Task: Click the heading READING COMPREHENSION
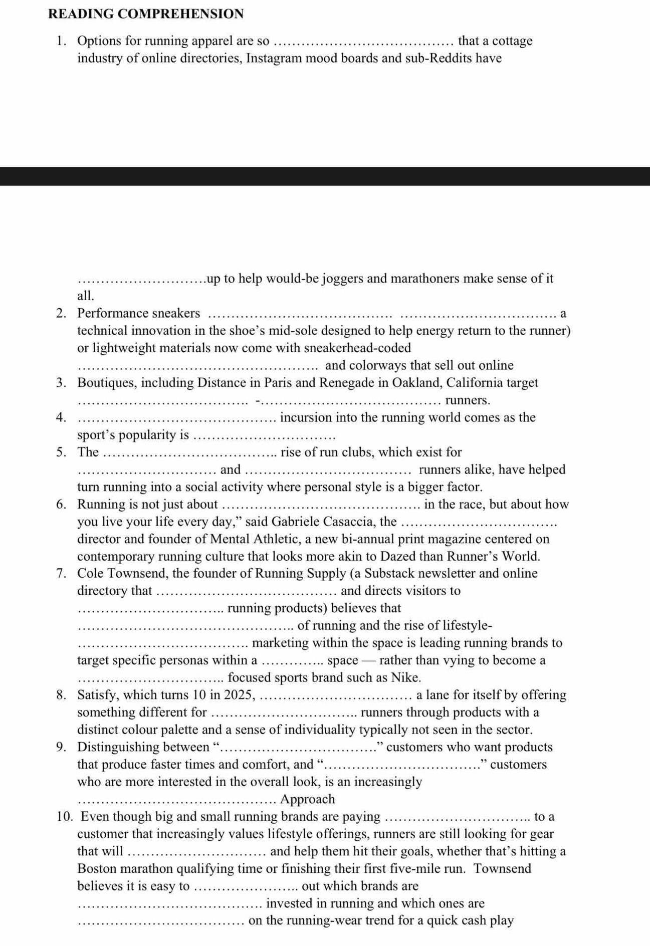click(x=146, y=14)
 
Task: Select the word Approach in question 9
click(x=307, y=799)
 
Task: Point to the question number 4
click(x=61, y=417)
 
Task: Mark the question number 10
click(x=65, y=817)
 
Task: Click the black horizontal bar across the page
click(x=325, y=176)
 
